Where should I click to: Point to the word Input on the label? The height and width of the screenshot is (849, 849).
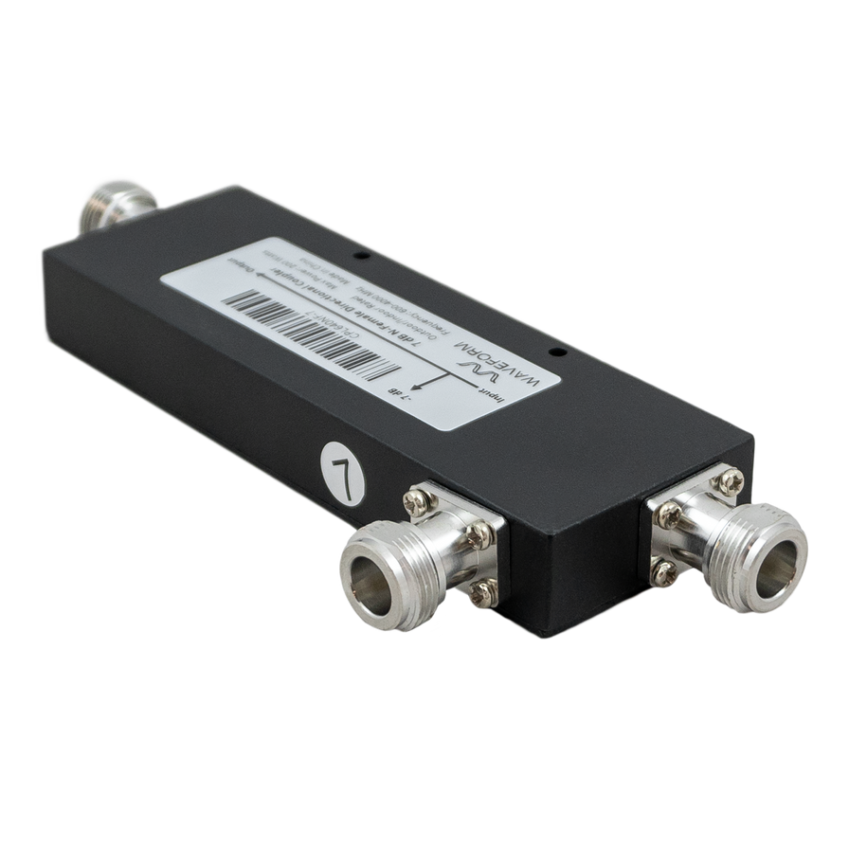click(x=485, y=391)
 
